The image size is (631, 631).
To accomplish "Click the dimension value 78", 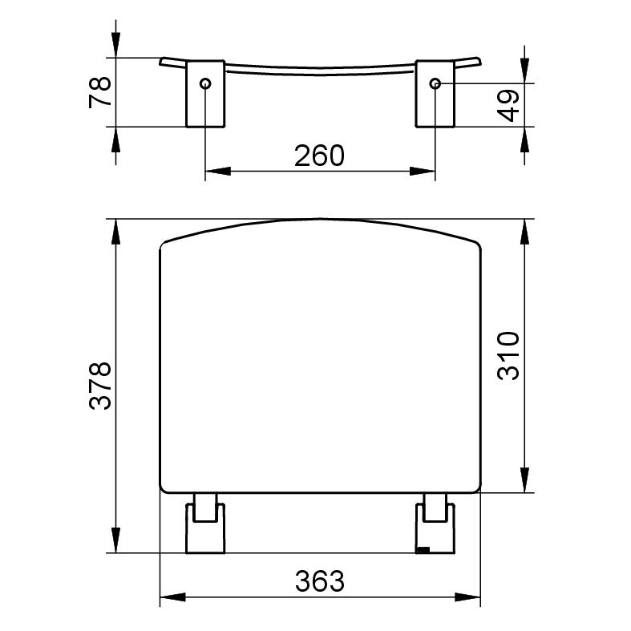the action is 99,92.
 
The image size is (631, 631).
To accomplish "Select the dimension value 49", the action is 508,106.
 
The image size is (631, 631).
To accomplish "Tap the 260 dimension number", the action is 320,156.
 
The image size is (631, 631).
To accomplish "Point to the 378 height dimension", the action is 99,386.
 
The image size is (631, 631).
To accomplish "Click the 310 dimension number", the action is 508,356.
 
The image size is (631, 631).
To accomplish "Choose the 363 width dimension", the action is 320,581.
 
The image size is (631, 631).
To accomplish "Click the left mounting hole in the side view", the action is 205,83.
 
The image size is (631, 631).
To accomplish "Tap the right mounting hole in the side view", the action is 435,83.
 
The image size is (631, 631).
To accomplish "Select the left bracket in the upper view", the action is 205,94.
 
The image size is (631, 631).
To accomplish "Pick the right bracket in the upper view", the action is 435,94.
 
